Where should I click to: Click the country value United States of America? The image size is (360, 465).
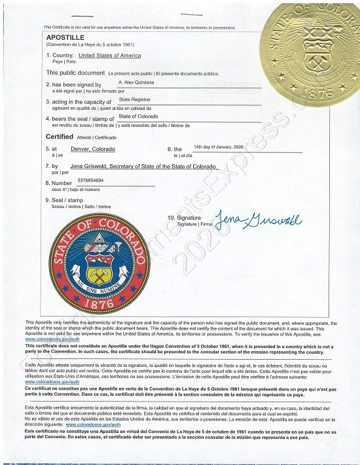pos(109,56)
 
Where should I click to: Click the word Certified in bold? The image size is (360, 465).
pos(59,137)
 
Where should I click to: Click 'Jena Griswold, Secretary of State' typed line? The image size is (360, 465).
pos(143,167)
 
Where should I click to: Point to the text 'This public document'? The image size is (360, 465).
pos(75,73)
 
